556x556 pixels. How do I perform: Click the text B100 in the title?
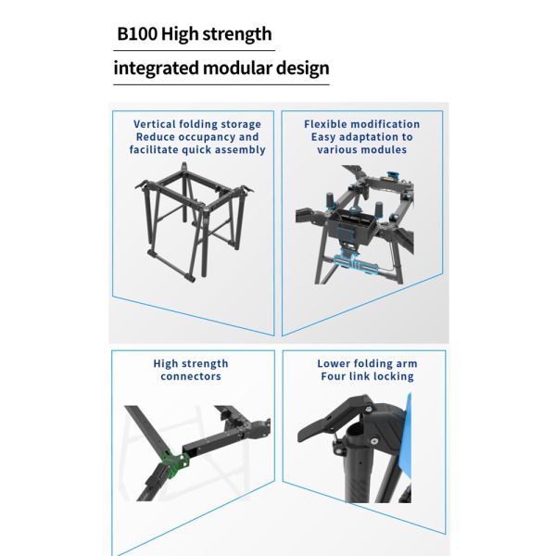coord(137,34)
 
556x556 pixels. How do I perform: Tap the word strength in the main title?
coord(237,35)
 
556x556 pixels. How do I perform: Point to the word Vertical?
coord(154,124)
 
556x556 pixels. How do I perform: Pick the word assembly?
coord(240,150)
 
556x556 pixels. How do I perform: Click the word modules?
coord(385,149)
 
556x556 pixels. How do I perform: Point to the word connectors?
coord(191,376)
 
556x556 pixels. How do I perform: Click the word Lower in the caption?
coord(333,363)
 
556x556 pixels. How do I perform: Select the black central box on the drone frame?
coord(350,226)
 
